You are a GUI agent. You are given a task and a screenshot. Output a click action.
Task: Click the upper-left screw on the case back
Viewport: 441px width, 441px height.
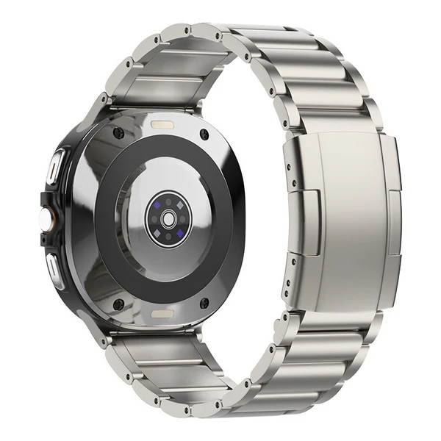118,133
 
